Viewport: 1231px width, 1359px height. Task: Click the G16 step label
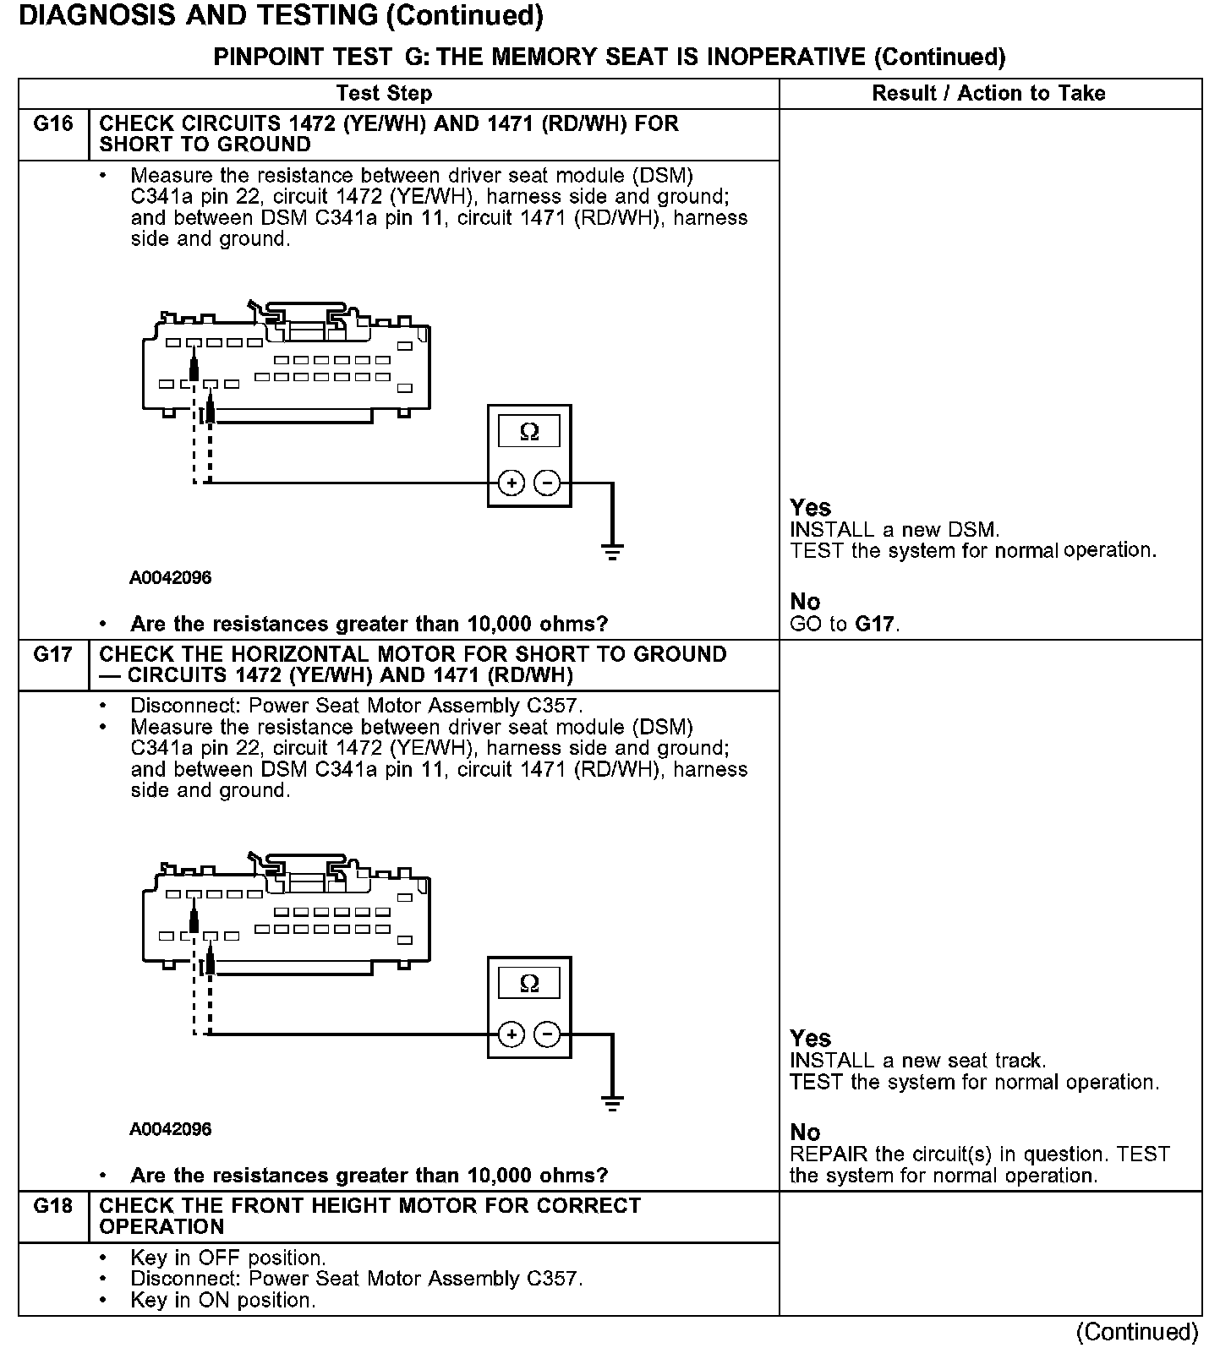(52, 124)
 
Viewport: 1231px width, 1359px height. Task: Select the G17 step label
(52, 655)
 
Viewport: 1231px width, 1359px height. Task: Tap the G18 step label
(52, 1206)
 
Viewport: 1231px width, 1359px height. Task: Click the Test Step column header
(384, 93)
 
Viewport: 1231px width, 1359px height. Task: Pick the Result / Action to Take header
(988, 93)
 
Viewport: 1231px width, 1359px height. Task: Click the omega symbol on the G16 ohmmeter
(529, 432)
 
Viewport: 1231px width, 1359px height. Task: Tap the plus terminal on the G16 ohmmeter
(512, 483)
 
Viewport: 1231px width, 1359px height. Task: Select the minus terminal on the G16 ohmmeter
(548, 483)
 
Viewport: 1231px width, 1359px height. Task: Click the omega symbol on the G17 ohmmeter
(529, 983)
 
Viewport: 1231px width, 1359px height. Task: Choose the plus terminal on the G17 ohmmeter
(512, 1034)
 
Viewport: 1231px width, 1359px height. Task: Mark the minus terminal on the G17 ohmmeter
(548, 1034)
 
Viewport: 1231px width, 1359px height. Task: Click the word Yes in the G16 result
(810, 508)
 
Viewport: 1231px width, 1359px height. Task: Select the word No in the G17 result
(805, 1132)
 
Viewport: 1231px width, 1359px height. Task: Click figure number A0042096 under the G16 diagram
(170, 578)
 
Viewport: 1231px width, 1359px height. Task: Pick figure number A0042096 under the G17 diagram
(170, 1129)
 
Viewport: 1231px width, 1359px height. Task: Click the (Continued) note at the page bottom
(1137, 1333)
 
